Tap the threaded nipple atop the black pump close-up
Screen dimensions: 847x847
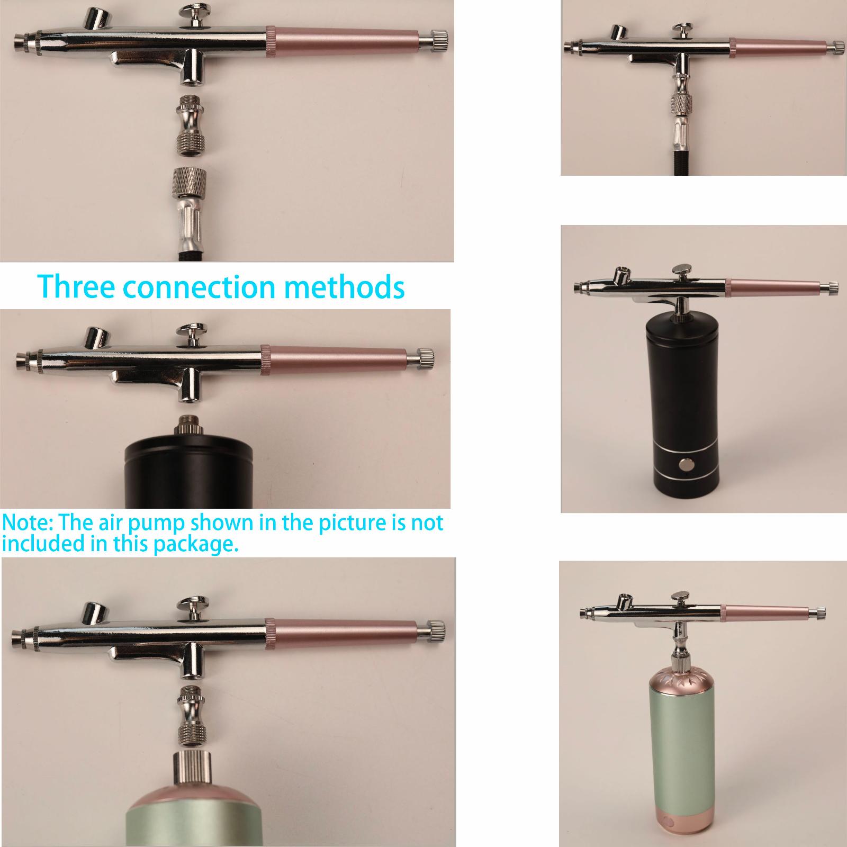coord(186,424)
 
